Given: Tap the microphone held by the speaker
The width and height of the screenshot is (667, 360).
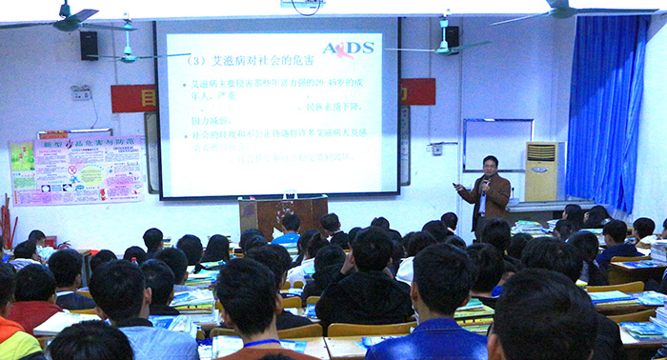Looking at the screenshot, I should [x=486, y=179].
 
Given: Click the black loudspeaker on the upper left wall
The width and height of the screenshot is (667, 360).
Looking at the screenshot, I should [x=89, y=45].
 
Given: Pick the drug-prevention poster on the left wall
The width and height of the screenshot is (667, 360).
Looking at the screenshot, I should [x=77, y=170].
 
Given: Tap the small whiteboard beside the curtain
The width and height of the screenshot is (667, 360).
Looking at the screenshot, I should [x=497, y=145].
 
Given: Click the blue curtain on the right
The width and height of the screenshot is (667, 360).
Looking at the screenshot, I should [x=607, y=114].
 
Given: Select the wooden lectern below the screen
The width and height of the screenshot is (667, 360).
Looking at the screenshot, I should [x=282, y=213].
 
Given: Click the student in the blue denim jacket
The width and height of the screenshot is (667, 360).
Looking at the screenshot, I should [x=426, y=333].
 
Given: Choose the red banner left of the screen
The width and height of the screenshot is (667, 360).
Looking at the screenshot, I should [x=133, y=98].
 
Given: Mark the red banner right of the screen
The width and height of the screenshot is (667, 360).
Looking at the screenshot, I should [x=417, y=91].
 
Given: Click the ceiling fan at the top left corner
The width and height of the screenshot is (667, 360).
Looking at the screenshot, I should [x=67, y=19].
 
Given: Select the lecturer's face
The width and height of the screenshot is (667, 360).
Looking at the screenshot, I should [x=490, y=166].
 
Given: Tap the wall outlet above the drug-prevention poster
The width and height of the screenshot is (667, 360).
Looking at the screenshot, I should [x=82, y=93].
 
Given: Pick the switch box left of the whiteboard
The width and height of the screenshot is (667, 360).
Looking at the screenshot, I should [x=437, y=149].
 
